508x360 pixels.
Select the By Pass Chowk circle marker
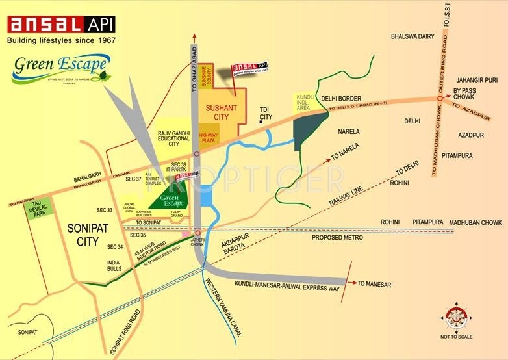[440, 99]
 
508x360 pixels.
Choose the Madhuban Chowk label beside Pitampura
[476, 222]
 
